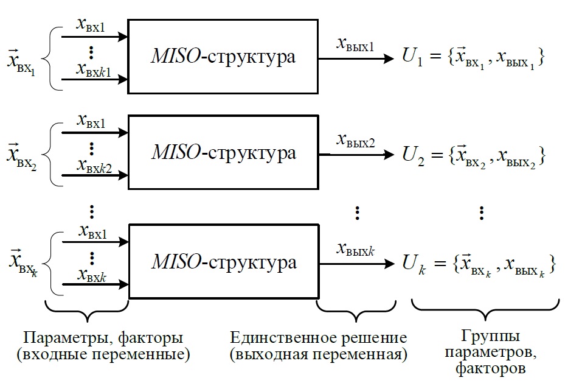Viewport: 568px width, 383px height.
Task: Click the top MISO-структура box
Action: [x=223, y=57]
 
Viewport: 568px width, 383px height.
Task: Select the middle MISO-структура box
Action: [x=223, y=153]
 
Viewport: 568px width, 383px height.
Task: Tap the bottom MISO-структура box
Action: [x=223, y=262]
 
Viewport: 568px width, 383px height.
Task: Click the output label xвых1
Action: [x=356, y=45]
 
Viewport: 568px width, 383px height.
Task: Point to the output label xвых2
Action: [x=356, y=141]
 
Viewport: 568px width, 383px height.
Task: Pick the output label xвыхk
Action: [x=356, y=250]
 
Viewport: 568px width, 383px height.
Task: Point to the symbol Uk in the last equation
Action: [x=412, y=264]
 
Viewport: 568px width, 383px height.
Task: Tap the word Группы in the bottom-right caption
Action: [x=481, y=337]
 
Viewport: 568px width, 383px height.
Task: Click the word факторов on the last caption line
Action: [x=481, y=368]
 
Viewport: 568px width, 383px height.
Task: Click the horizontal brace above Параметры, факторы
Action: [x=89, y=310]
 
